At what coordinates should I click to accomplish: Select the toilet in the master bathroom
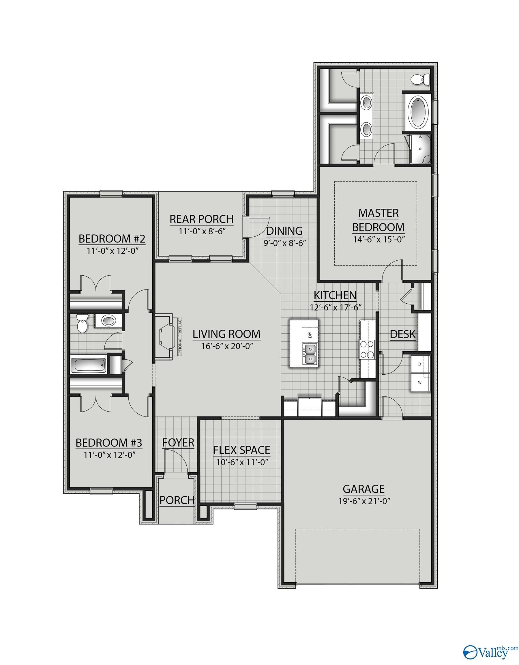pyautogui.click(x=418, y=80)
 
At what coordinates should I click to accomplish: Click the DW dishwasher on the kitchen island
pyautogui.click(x=310, y=336)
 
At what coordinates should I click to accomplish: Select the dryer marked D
pyautogui.click(x=420, y=364)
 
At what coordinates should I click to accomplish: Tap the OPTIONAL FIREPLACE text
pyautogui.click(x=180, y=337)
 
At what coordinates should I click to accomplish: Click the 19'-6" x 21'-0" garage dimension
pyautogui.click(x=364, y=501)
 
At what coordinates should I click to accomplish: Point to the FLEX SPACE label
pyautogui.click(x=241, y=450)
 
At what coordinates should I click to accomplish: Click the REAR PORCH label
pyautogui.click(x=201, y=219)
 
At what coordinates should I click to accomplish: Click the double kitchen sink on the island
pyautogui.click(x=310, y=354)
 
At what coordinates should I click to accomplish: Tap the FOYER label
pyautogui.click(x=178, y=442)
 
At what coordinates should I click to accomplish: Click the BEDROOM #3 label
pyautogui.click(x=109, y=442)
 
